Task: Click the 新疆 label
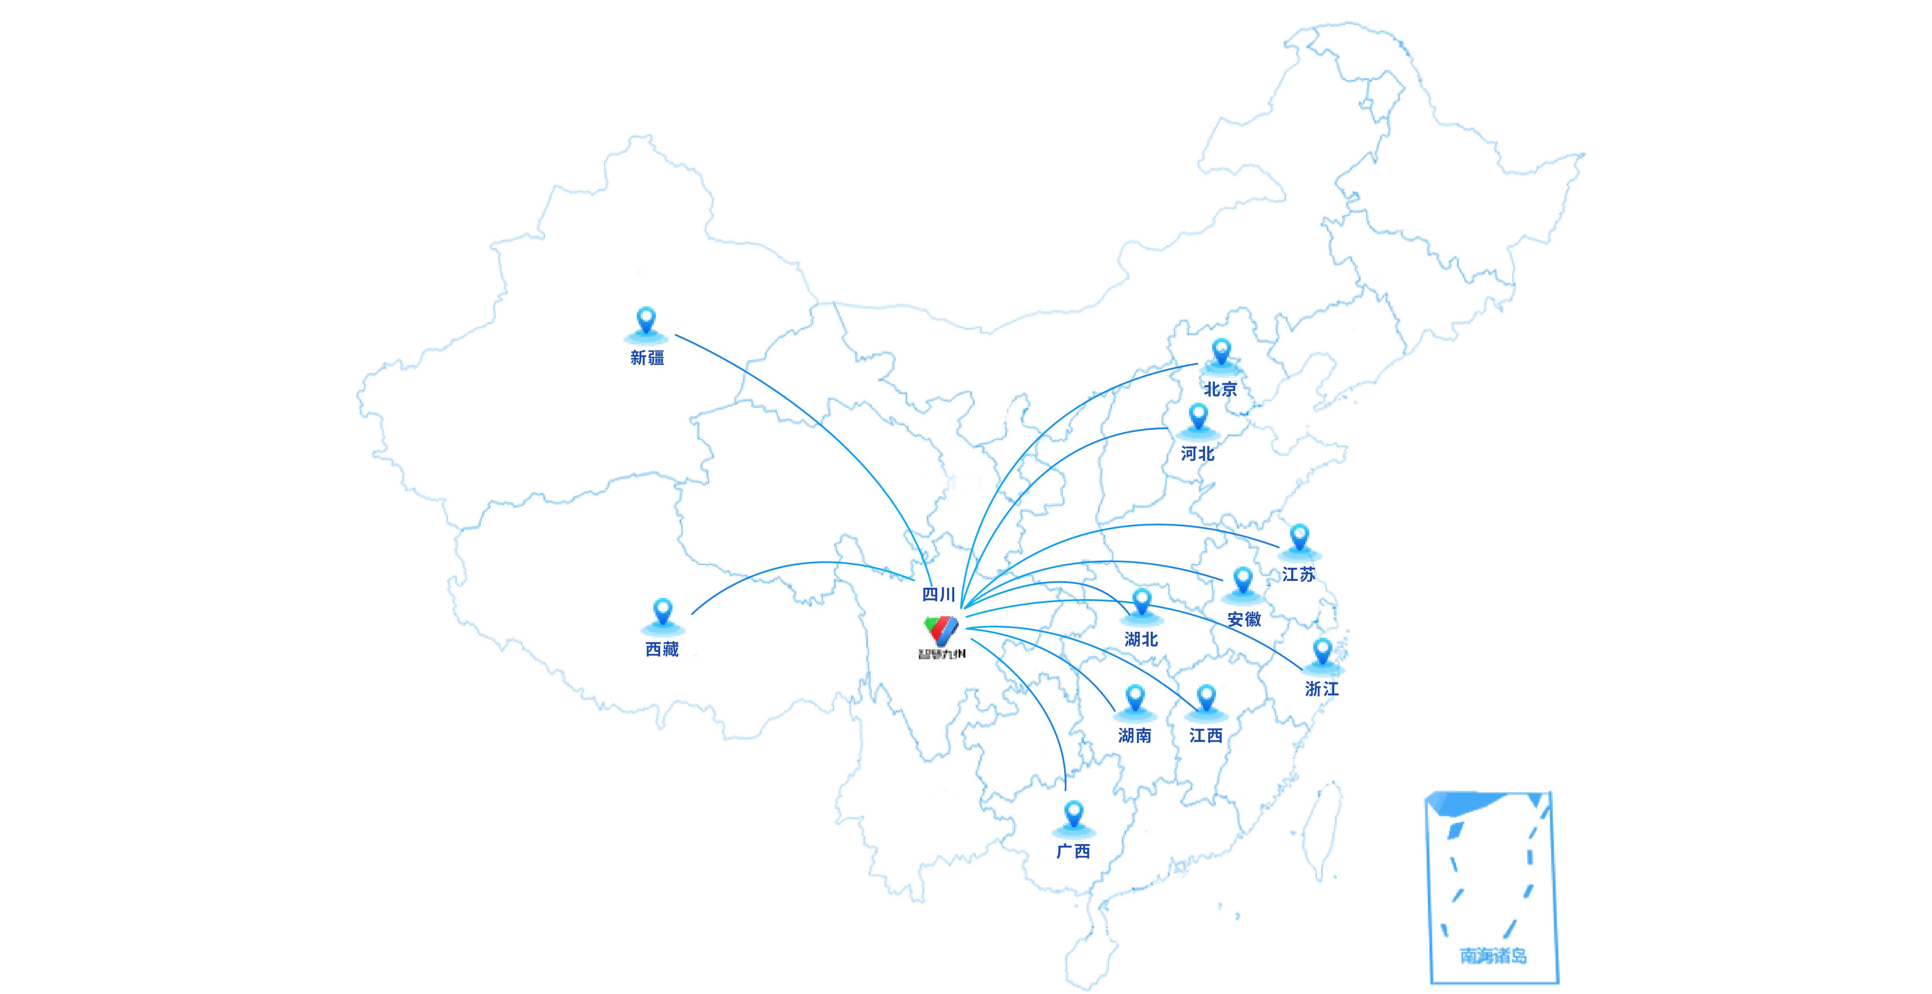647,357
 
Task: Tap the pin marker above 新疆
646,321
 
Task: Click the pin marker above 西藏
662,612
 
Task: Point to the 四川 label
938,594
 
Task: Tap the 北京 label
1220,389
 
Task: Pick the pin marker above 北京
1221,352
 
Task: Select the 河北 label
1197,454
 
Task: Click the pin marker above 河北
1198,417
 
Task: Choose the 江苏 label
1298,574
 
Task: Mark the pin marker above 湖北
1142,602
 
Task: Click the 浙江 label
1322,688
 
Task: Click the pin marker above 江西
1206,698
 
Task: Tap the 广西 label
1073,851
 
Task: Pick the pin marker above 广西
1073,815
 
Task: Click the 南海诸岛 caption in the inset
1493,956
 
